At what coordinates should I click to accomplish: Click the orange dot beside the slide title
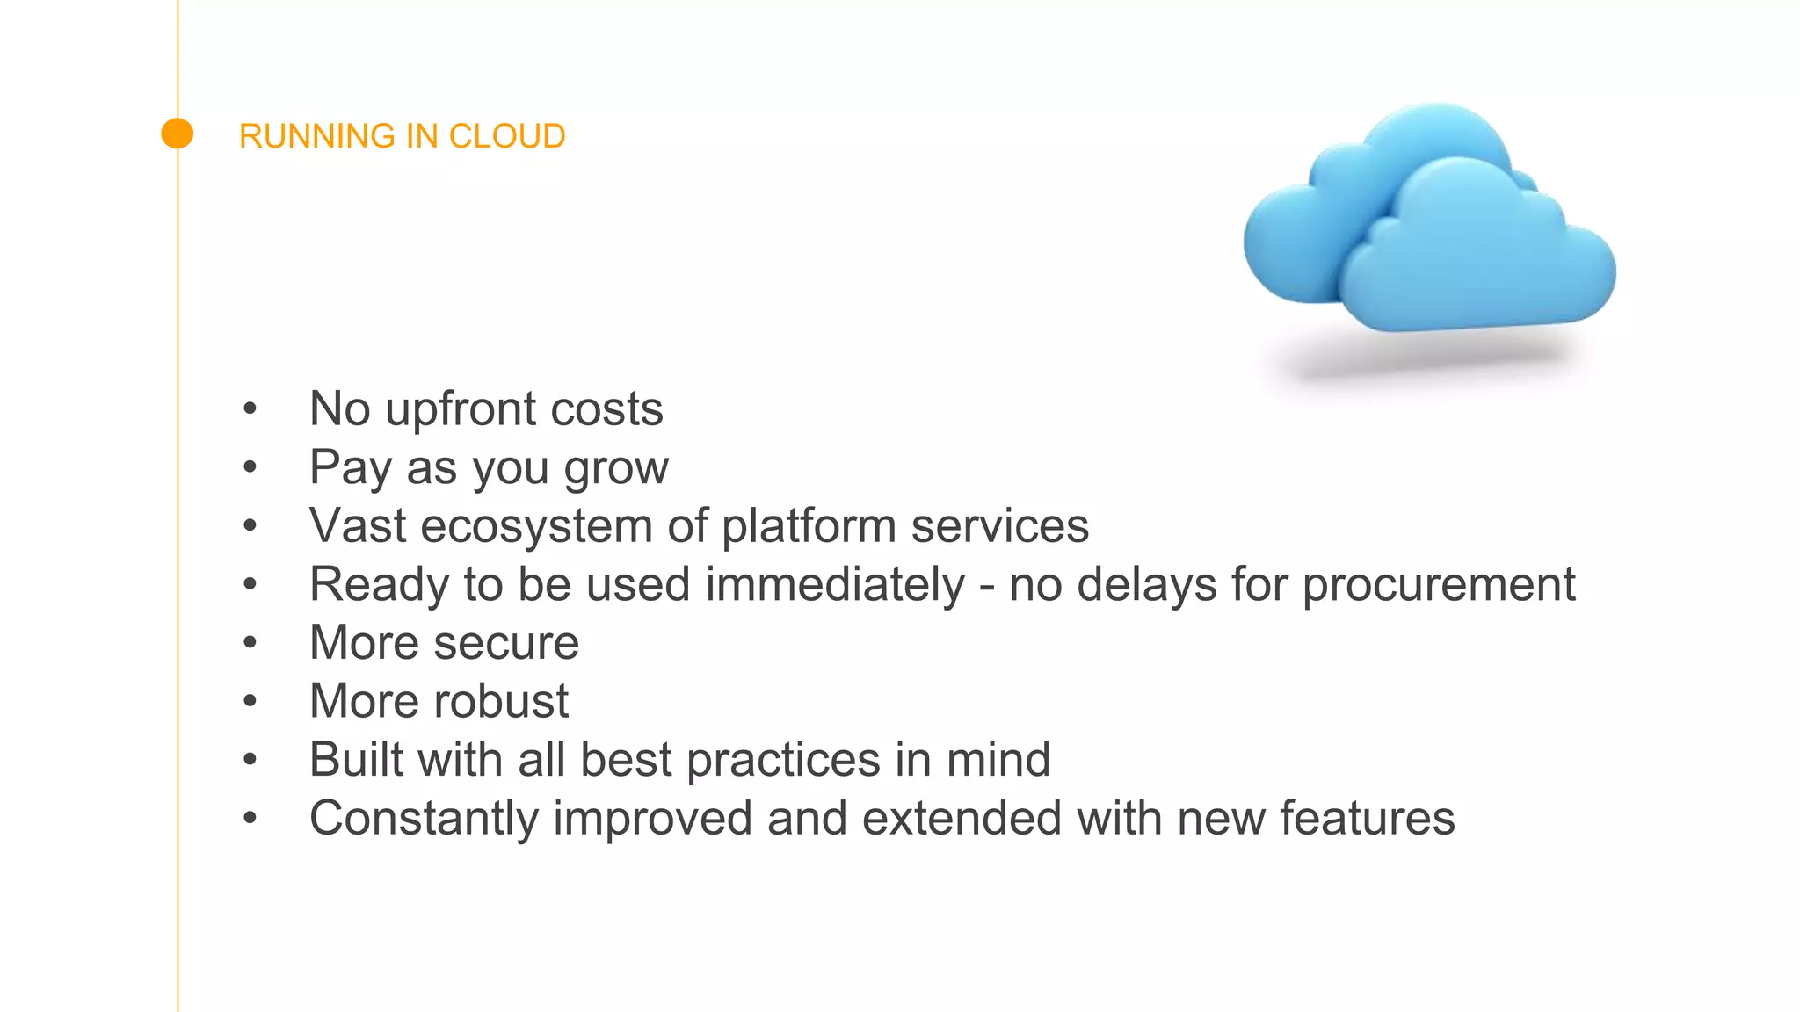tap(178, 134)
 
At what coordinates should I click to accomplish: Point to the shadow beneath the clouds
tap(1433, 360)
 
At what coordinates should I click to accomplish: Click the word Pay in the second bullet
tap(350, 467)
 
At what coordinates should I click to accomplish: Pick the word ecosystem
tap(536, 526)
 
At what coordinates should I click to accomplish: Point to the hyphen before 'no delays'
tap(987, 587)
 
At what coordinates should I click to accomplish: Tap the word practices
tap(782, 760)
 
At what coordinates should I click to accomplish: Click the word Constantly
tap(424, 819)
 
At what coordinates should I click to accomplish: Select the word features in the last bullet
tap(1367, 818)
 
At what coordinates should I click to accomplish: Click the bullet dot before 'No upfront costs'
tap(250, 408)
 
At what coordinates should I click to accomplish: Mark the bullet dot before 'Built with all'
tap(250, 759)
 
